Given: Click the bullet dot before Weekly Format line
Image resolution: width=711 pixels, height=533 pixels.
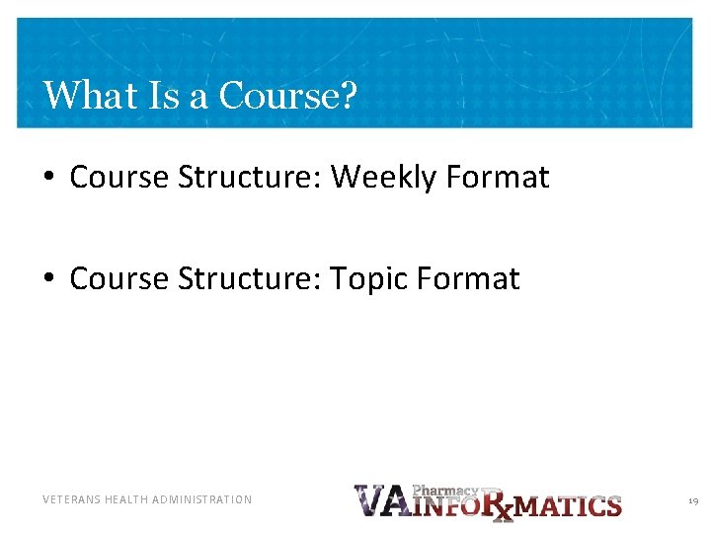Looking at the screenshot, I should click(48, 179).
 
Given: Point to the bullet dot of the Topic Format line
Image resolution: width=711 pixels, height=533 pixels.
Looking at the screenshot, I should click(48, 280).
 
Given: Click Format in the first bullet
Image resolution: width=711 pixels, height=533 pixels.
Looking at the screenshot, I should click(498, 178).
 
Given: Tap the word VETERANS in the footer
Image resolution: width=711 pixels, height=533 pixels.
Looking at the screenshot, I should click(71, 500).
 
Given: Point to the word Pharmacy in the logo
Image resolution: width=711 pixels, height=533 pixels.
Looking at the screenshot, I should click(444, 490).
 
